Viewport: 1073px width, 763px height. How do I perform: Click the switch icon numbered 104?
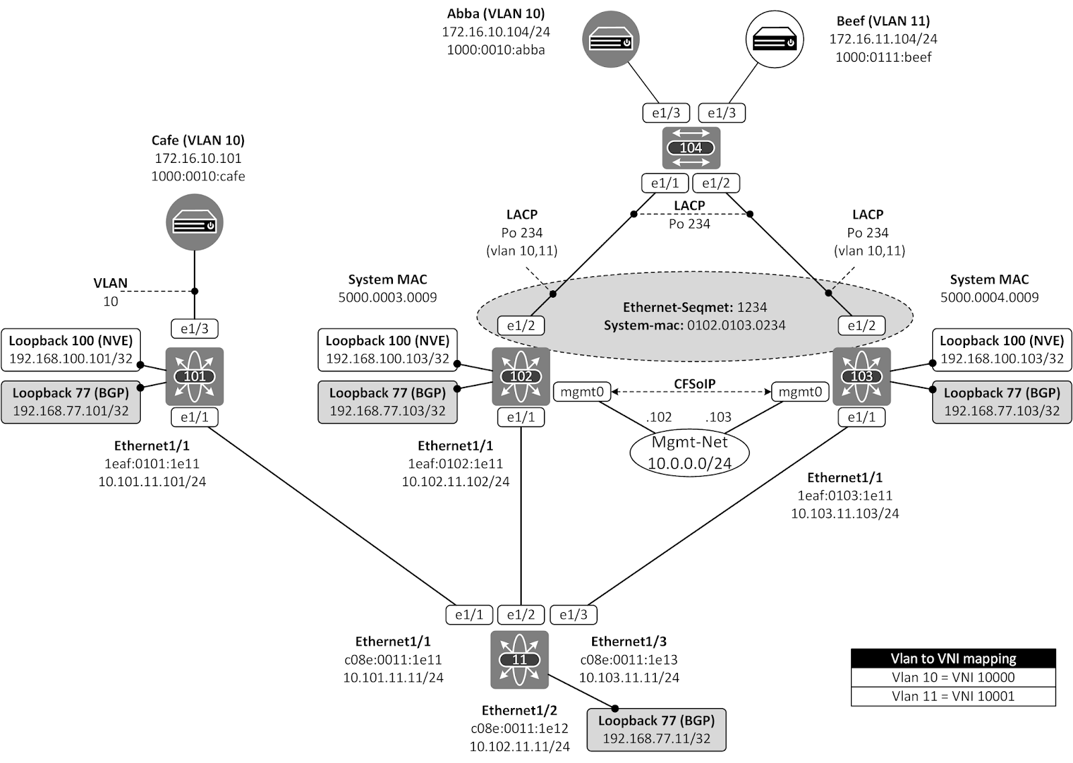(x=691, y=148)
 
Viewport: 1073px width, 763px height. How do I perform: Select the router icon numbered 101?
(x=194, y=376)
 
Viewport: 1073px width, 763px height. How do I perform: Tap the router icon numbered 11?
(x=520, y=660)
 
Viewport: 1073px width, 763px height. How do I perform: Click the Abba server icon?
(x=610, y=40)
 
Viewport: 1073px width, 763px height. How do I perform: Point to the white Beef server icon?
(x=775, y=40)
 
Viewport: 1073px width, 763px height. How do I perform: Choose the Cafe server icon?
(x=194, y=223)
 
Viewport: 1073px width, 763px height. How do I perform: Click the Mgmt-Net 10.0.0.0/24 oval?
(x=689, y=453)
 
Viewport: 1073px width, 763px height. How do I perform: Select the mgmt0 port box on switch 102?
(x=581, y=392)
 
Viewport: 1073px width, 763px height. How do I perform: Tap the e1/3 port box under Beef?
(x=722, y=113)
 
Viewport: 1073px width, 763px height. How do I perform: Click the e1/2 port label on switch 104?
(x=716, y=182)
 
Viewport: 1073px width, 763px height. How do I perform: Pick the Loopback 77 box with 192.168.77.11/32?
(x=657, y=729)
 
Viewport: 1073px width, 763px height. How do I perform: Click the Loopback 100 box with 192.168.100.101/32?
(x=70, y=349)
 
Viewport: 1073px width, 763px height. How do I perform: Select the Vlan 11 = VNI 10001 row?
(x=953, y=696)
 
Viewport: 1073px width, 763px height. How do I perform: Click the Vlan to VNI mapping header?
(x=953, y=658)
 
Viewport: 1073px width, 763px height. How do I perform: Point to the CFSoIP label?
(x=694, y=384)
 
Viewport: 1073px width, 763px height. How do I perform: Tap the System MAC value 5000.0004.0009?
(x=989, y=297)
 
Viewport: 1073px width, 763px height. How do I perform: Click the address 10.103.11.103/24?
(x=844, y=513)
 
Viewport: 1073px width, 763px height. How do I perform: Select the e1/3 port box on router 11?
(x=573, y=614)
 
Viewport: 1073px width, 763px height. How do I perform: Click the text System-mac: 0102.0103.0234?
(x=694, y=325)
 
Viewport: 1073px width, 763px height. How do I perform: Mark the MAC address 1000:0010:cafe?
(x=198, y=176)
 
